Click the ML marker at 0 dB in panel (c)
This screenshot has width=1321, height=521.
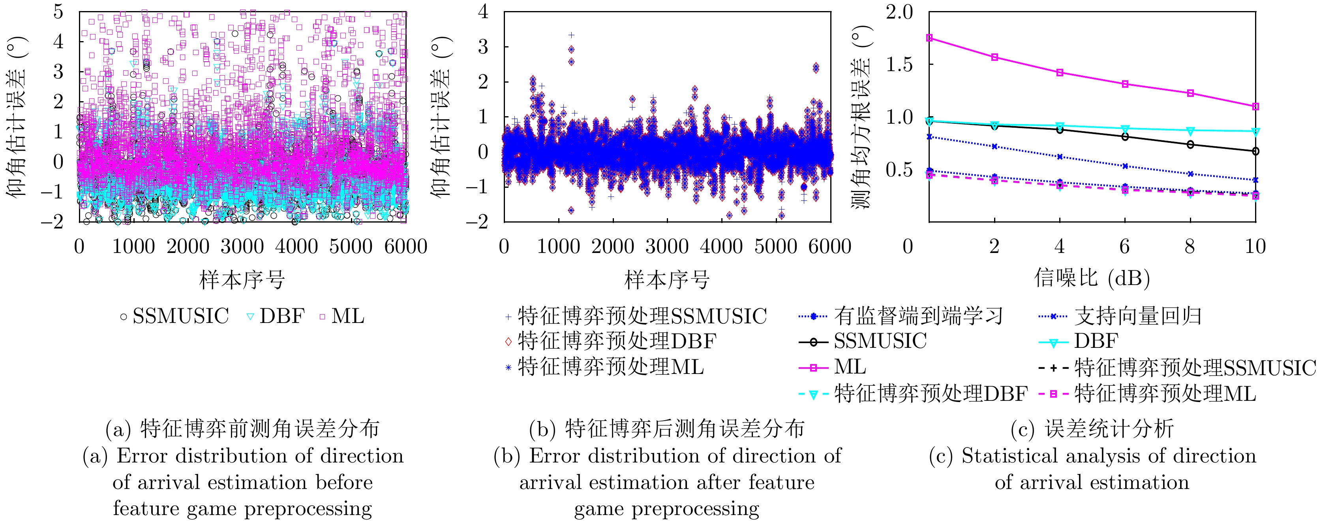tap(929, 38)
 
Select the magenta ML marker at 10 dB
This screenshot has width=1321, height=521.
tap(1255, 107)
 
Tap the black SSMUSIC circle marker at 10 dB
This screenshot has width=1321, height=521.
tap(1255, 151)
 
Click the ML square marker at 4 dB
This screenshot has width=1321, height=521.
tap(1060, 73)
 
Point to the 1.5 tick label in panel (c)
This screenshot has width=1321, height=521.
tap(900, 65)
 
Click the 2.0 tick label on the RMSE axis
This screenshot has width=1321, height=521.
tap(900, 12)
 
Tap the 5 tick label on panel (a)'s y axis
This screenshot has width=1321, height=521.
tap(58, 12)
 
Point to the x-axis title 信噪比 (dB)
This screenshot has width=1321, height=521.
tap(1092, 278)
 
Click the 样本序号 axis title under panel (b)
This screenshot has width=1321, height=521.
tap(667, 280)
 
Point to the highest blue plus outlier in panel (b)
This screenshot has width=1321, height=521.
tap(571, 35)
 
